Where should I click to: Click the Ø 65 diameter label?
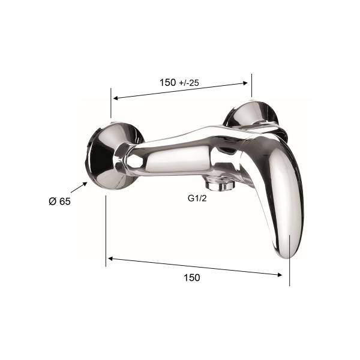59,202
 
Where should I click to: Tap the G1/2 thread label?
197,199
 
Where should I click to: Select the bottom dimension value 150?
192,278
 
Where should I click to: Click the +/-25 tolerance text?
189,83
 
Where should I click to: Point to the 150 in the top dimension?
168,82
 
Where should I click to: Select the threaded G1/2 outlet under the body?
220,184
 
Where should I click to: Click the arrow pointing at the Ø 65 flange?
79,187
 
